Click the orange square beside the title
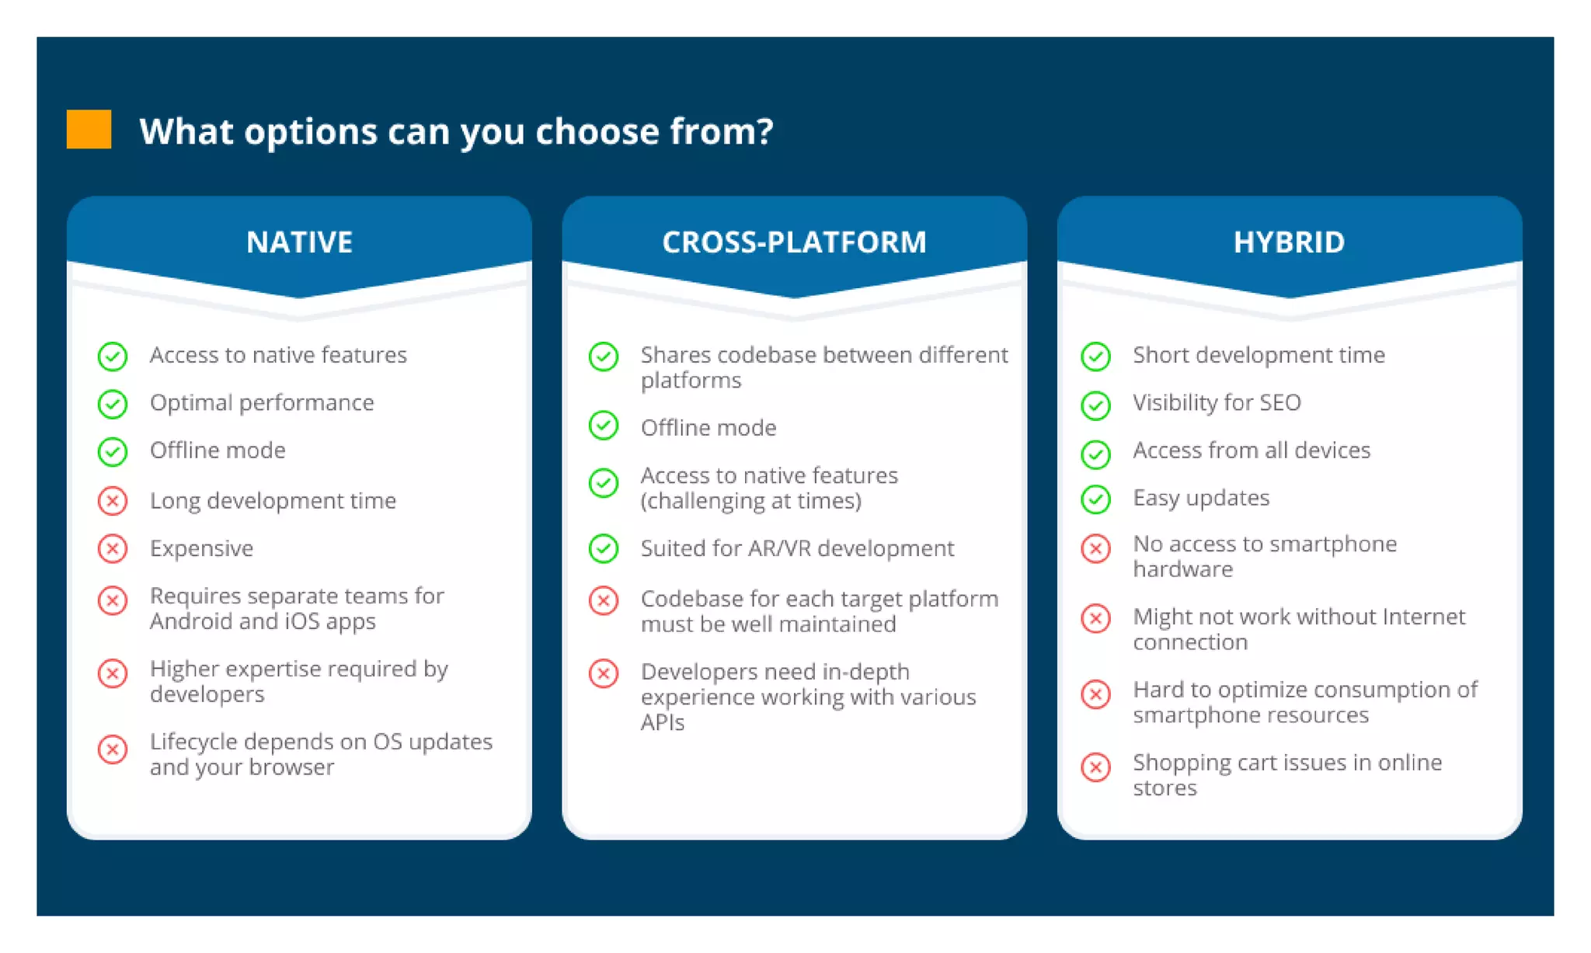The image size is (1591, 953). click(89, 129)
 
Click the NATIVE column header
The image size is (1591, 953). click(299, 242)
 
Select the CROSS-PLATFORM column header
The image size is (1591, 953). click(794, 242)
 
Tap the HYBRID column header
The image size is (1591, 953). click(1289, 242)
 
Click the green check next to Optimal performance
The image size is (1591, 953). click(113, 404)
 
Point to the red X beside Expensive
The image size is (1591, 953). click(113, 548)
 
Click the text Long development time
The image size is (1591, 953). click(273, 501)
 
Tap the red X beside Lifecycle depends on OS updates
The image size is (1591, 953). click(113, 750)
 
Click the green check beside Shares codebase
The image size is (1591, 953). click(604, 357)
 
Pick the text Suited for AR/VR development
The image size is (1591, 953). click(797, 548)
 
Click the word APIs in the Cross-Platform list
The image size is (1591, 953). click(662, 722)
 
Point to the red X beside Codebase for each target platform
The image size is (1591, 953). click(604, 600)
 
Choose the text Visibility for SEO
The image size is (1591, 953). click(1217, 402)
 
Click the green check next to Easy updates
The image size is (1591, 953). click(1096, 499)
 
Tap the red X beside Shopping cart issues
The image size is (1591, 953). click(1096, 767)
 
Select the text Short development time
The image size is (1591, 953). click(1259, 355)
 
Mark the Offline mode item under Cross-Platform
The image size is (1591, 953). click(708, 428)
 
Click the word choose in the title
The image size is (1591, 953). click(597, 130)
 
